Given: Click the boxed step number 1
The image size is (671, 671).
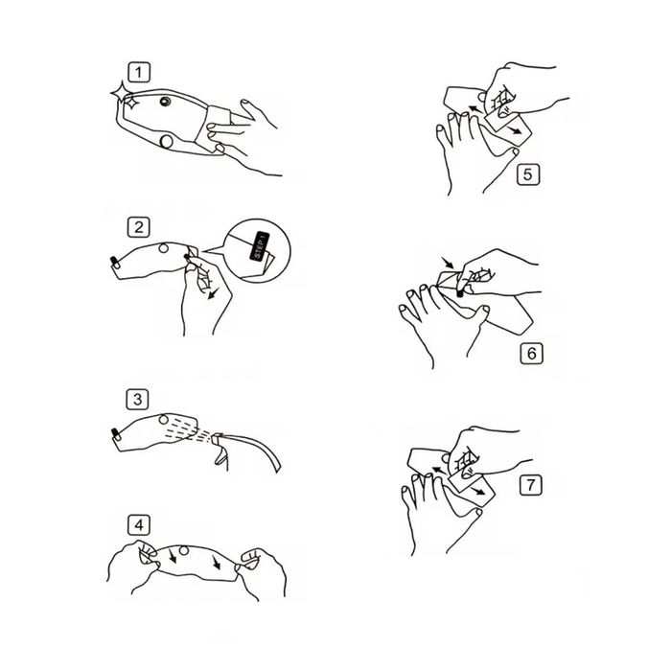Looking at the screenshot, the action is (x=139, y=72).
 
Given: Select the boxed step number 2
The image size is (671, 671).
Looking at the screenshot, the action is (x=139, y=227).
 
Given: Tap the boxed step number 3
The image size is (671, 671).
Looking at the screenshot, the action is (x=137, y=400).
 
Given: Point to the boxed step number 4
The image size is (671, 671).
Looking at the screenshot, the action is (x=139, y=524).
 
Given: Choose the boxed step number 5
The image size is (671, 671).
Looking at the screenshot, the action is (x=527, y=174).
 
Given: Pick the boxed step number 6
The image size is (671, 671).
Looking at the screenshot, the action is (x=531, y=354).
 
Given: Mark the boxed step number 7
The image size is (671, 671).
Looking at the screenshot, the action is (x=531, y=485).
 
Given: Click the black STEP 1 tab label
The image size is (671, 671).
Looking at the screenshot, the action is (x=260, y=245).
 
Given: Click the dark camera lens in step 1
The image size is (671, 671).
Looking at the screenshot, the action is (x=165, y=102).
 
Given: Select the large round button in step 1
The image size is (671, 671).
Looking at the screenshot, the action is (x=166, y=142).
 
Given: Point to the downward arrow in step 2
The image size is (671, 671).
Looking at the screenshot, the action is (x=213, y=293).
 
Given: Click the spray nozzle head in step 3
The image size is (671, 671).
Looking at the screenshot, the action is (x=217, y=438).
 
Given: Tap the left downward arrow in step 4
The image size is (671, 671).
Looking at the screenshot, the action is (x=172, y=555).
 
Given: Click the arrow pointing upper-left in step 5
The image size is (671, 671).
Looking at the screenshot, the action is (x=474, y=109).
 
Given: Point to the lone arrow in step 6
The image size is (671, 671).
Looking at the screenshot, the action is (x=448, y=263).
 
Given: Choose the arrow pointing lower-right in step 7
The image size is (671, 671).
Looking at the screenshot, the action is (x=478, y=491).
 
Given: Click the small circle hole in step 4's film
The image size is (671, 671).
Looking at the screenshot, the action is (x=184, y=550).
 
